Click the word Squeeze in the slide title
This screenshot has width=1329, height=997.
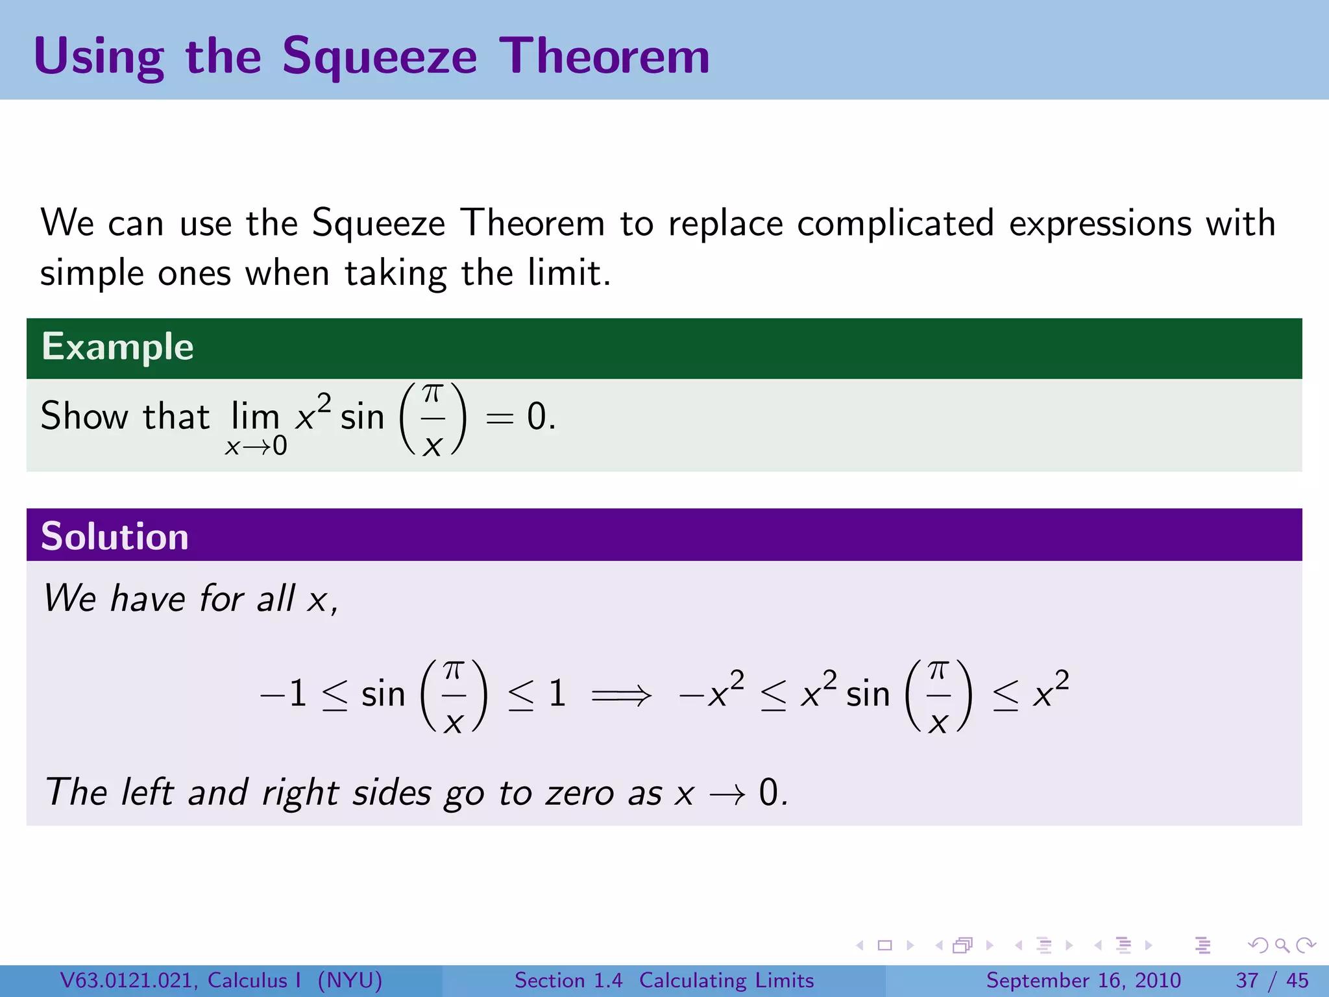click(380, 57)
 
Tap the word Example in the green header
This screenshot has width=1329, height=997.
click(117, 347)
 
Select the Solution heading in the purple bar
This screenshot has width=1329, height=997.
click(115, 536)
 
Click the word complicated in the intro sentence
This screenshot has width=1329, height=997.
click(896, 223)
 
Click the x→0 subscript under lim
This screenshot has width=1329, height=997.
click(256, 446)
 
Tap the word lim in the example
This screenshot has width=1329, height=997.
click(255, 416)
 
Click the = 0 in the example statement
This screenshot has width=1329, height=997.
click(520, 417)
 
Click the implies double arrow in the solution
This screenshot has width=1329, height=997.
click(621, 695)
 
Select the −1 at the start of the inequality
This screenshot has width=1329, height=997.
click(284, 694)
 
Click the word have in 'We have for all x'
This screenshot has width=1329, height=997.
click(148, 598)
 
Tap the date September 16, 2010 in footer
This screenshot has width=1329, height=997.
click(1083, 980)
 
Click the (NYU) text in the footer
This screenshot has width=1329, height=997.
click(350, 980)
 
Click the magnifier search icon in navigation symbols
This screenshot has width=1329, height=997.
click(1282, 945)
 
